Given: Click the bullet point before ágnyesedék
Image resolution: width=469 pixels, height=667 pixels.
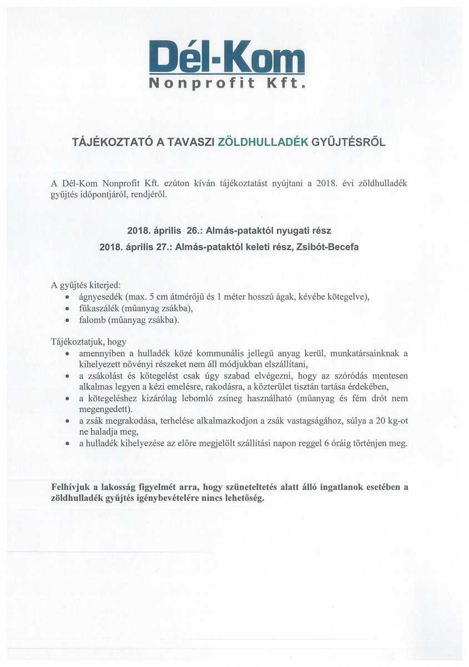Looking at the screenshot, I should [67, 297].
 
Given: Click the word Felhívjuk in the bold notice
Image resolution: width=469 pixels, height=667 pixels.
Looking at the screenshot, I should [72, 487].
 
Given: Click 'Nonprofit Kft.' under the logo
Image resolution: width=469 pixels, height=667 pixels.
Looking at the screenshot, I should [228, 84].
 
